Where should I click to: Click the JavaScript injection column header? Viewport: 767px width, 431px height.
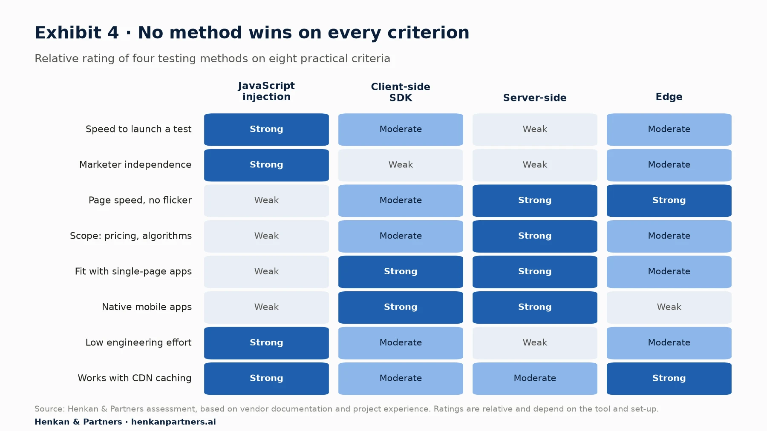click(266, 91)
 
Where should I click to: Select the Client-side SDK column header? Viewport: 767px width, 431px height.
click(401, 92)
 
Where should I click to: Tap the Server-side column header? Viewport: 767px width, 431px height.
click(535, 98)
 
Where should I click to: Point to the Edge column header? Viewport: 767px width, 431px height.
click(669, 97)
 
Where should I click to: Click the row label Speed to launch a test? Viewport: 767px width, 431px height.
click(138, 129)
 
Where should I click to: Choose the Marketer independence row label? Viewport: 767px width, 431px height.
click(135, 165)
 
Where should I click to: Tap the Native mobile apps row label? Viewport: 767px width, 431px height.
click(147, 307)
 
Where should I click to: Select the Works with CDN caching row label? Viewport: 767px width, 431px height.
click(135, 378)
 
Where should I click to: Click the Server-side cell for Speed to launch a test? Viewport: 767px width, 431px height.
click(535, 129)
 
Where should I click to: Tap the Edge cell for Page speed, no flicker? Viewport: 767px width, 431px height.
click(669, 201)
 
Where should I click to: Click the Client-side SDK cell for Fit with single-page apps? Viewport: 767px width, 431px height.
click(401, 272)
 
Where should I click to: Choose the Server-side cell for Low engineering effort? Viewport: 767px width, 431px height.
click(535, 343)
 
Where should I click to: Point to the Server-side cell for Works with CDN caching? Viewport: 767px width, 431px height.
click(535, 379)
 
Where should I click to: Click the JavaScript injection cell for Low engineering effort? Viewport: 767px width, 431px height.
click(266, 343)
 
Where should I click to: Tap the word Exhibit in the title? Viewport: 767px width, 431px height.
click(68, 33)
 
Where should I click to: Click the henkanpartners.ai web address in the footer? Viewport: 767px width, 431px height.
click(173, 422)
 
